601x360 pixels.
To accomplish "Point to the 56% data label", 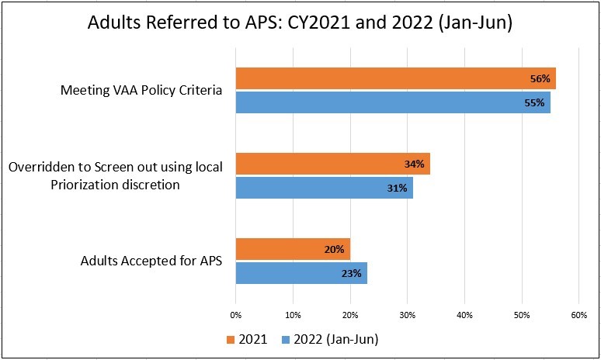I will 540,78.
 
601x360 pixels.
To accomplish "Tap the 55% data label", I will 535,102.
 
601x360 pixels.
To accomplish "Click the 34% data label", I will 415,164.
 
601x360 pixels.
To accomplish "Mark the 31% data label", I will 398,188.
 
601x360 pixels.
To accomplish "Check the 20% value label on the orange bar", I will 335,249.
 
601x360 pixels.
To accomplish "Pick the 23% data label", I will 352,273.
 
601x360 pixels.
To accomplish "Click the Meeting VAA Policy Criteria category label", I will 141,90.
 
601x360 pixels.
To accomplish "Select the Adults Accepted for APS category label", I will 151,261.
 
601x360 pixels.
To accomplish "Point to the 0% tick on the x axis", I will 236,315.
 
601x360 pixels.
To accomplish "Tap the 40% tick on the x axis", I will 464,315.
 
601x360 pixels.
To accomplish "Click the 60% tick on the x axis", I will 578,315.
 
